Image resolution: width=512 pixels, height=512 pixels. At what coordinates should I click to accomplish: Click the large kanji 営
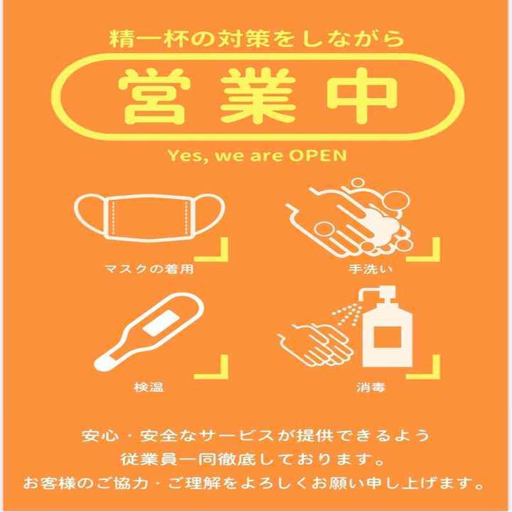[154, 96]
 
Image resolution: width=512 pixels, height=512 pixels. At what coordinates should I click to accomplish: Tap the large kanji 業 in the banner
[257, 96]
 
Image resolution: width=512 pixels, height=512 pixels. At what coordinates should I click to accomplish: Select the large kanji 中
[362, 96]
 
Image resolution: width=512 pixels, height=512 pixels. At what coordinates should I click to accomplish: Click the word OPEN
[317, 156]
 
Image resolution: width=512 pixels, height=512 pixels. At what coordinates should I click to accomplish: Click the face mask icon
[149, 217]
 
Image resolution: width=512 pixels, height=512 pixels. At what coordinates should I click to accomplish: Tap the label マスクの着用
[149, 269]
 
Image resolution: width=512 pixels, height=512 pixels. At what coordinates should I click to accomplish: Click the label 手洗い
[370, 269]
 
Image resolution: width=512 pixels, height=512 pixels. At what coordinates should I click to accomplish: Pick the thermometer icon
[149, 332]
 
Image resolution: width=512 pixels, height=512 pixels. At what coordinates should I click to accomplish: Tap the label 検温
[149, 388]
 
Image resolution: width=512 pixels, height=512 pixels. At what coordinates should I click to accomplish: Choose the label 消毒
[370, 388]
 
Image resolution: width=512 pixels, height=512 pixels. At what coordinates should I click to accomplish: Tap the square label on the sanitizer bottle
[388, 337]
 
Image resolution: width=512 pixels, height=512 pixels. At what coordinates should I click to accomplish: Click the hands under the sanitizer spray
[316, 345]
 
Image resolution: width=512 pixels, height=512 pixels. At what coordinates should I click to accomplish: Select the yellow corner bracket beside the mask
[212, 249]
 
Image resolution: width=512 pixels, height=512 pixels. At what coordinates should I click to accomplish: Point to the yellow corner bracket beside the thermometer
[212, 367]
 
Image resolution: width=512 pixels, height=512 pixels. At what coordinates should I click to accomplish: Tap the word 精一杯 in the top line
[149, 39]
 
